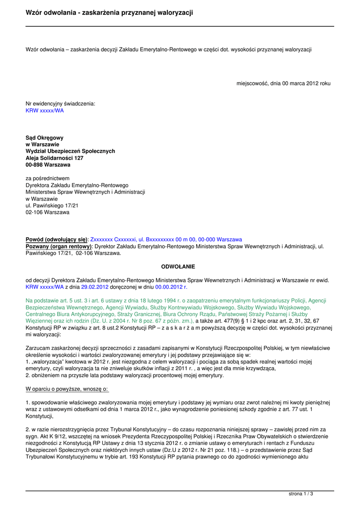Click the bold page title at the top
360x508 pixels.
click(109, 12)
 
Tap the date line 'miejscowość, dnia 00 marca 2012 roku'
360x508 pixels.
click(283, 83)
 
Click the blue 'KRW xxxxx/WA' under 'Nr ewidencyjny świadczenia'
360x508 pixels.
click(45, 111)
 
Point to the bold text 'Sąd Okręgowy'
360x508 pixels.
click(45, 137)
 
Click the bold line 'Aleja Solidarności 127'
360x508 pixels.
click(55, 158)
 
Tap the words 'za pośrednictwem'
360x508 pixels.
click(48, 178)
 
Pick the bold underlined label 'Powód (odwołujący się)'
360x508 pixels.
click(56, 239)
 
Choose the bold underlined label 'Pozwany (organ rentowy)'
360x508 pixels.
click(59, 246)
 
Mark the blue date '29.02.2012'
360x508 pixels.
click(95, 287)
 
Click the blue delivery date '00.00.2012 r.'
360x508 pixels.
click(172, 287)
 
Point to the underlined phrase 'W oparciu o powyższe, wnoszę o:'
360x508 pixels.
click(67, 389)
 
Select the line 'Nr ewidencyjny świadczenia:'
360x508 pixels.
click(60, 104)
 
